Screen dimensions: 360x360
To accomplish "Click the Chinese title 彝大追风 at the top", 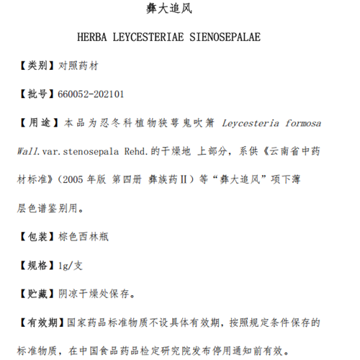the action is click(180, 11).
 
